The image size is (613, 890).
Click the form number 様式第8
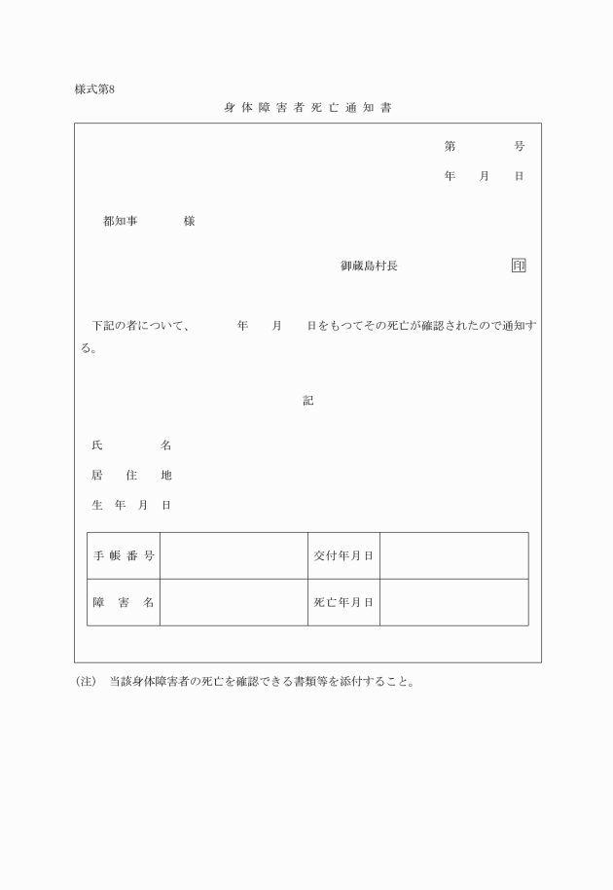coord(94,89)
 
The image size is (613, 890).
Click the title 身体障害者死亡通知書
coord(307,107)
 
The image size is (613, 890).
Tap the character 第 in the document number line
coord(450,147)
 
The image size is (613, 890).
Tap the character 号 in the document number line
coord(520,147)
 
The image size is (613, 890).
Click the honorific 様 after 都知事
coord(189,222)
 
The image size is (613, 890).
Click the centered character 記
coord(307,400)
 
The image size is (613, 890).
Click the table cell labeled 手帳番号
coord(124,555)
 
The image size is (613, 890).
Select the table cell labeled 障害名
coord(124,602)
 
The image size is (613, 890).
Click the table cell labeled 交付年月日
coord(343,555)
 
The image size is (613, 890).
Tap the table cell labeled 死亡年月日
coord(343,602)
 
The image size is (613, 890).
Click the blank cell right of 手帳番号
coord(234,555)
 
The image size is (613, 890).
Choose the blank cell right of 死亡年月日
coord(453,602)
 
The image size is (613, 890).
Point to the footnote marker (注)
coord(87,682)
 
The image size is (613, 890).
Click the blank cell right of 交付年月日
coord(453,555)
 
